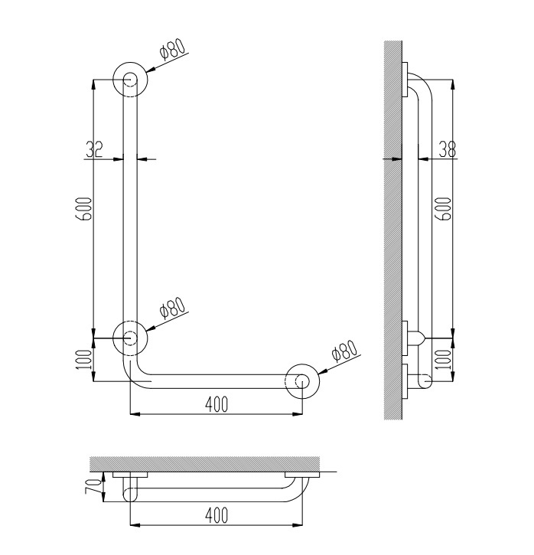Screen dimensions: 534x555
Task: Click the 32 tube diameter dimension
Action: coord(93,149)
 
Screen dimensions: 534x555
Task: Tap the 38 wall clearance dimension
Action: coord(447,149)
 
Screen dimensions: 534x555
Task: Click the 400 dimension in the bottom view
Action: coord(217,515)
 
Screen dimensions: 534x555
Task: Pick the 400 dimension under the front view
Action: coord(217,404)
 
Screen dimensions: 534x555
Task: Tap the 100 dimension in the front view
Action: coord(84,360)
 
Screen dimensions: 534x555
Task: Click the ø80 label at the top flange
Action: coord(172,48)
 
